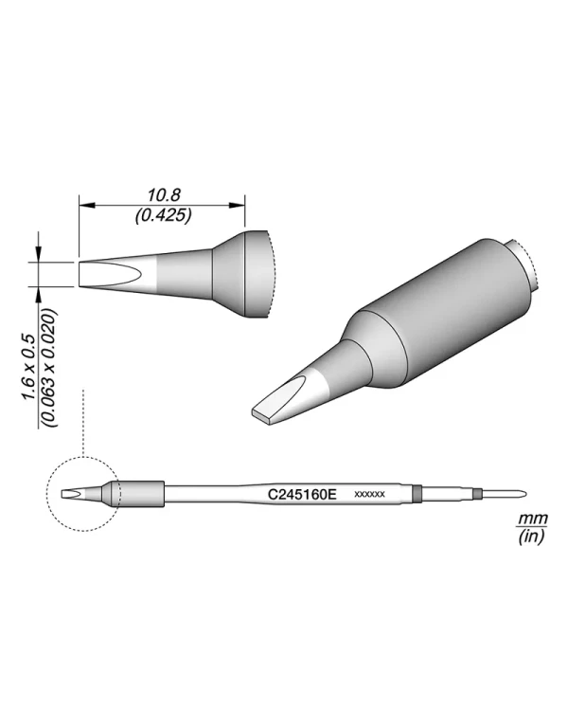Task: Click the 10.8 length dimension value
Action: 164,195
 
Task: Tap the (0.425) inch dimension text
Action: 163,215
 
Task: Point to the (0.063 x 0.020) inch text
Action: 48,368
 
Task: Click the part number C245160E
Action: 302,494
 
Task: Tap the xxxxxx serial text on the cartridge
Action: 369,494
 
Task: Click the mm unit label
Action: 533,518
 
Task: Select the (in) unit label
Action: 531,537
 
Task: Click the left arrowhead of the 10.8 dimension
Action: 87,206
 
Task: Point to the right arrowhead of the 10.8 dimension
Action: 237,206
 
